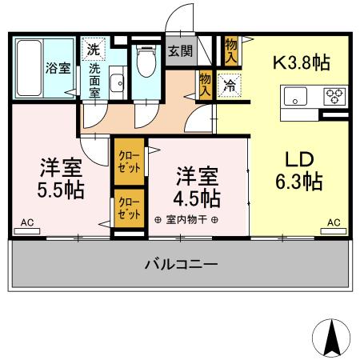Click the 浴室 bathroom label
[57, 68]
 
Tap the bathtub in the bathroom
[30, 67]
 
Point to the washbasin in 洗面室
[117, 82]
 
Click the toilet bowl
[145, 61]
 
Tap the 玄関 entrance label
[179, 52]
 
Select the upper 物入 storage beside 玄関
[232, 51]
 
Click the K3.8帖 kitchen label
[302, 62]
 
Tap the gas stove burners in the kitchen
[333, 97]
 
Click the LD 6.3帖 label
[299, 169]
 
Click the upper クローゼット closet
[128, 161]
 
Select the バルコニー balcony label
[180, 264]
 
